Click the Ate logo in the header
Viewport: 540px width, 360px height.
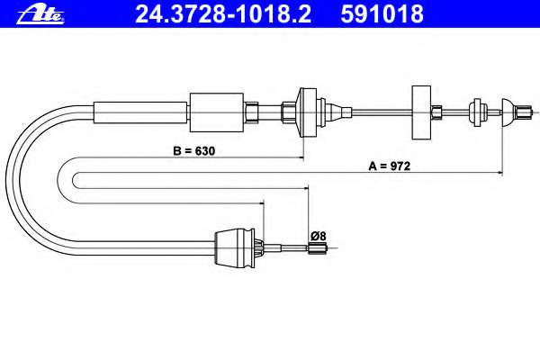coord(40,14)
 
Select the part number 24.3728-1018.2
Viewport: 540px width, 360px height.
coord(223,14)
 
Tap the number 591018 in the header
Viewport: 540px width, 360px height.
coord(382,14)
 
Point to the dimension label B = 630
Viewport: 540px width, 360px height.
coord(193,151)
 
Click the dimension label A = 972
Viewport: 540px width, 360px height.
coord(390,166)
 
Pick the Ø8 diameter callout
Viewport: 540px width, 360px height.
coord(319,237)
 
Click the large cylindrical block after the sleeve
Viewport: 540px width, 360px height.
coord(217,112)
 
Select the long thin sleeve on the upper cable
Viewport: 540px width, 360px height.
coord(141,112)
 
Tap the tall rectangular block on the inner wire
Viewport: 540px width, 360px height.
coord(421,112)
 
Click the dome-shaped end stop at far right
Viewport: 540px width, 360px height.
coord(507,112)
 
